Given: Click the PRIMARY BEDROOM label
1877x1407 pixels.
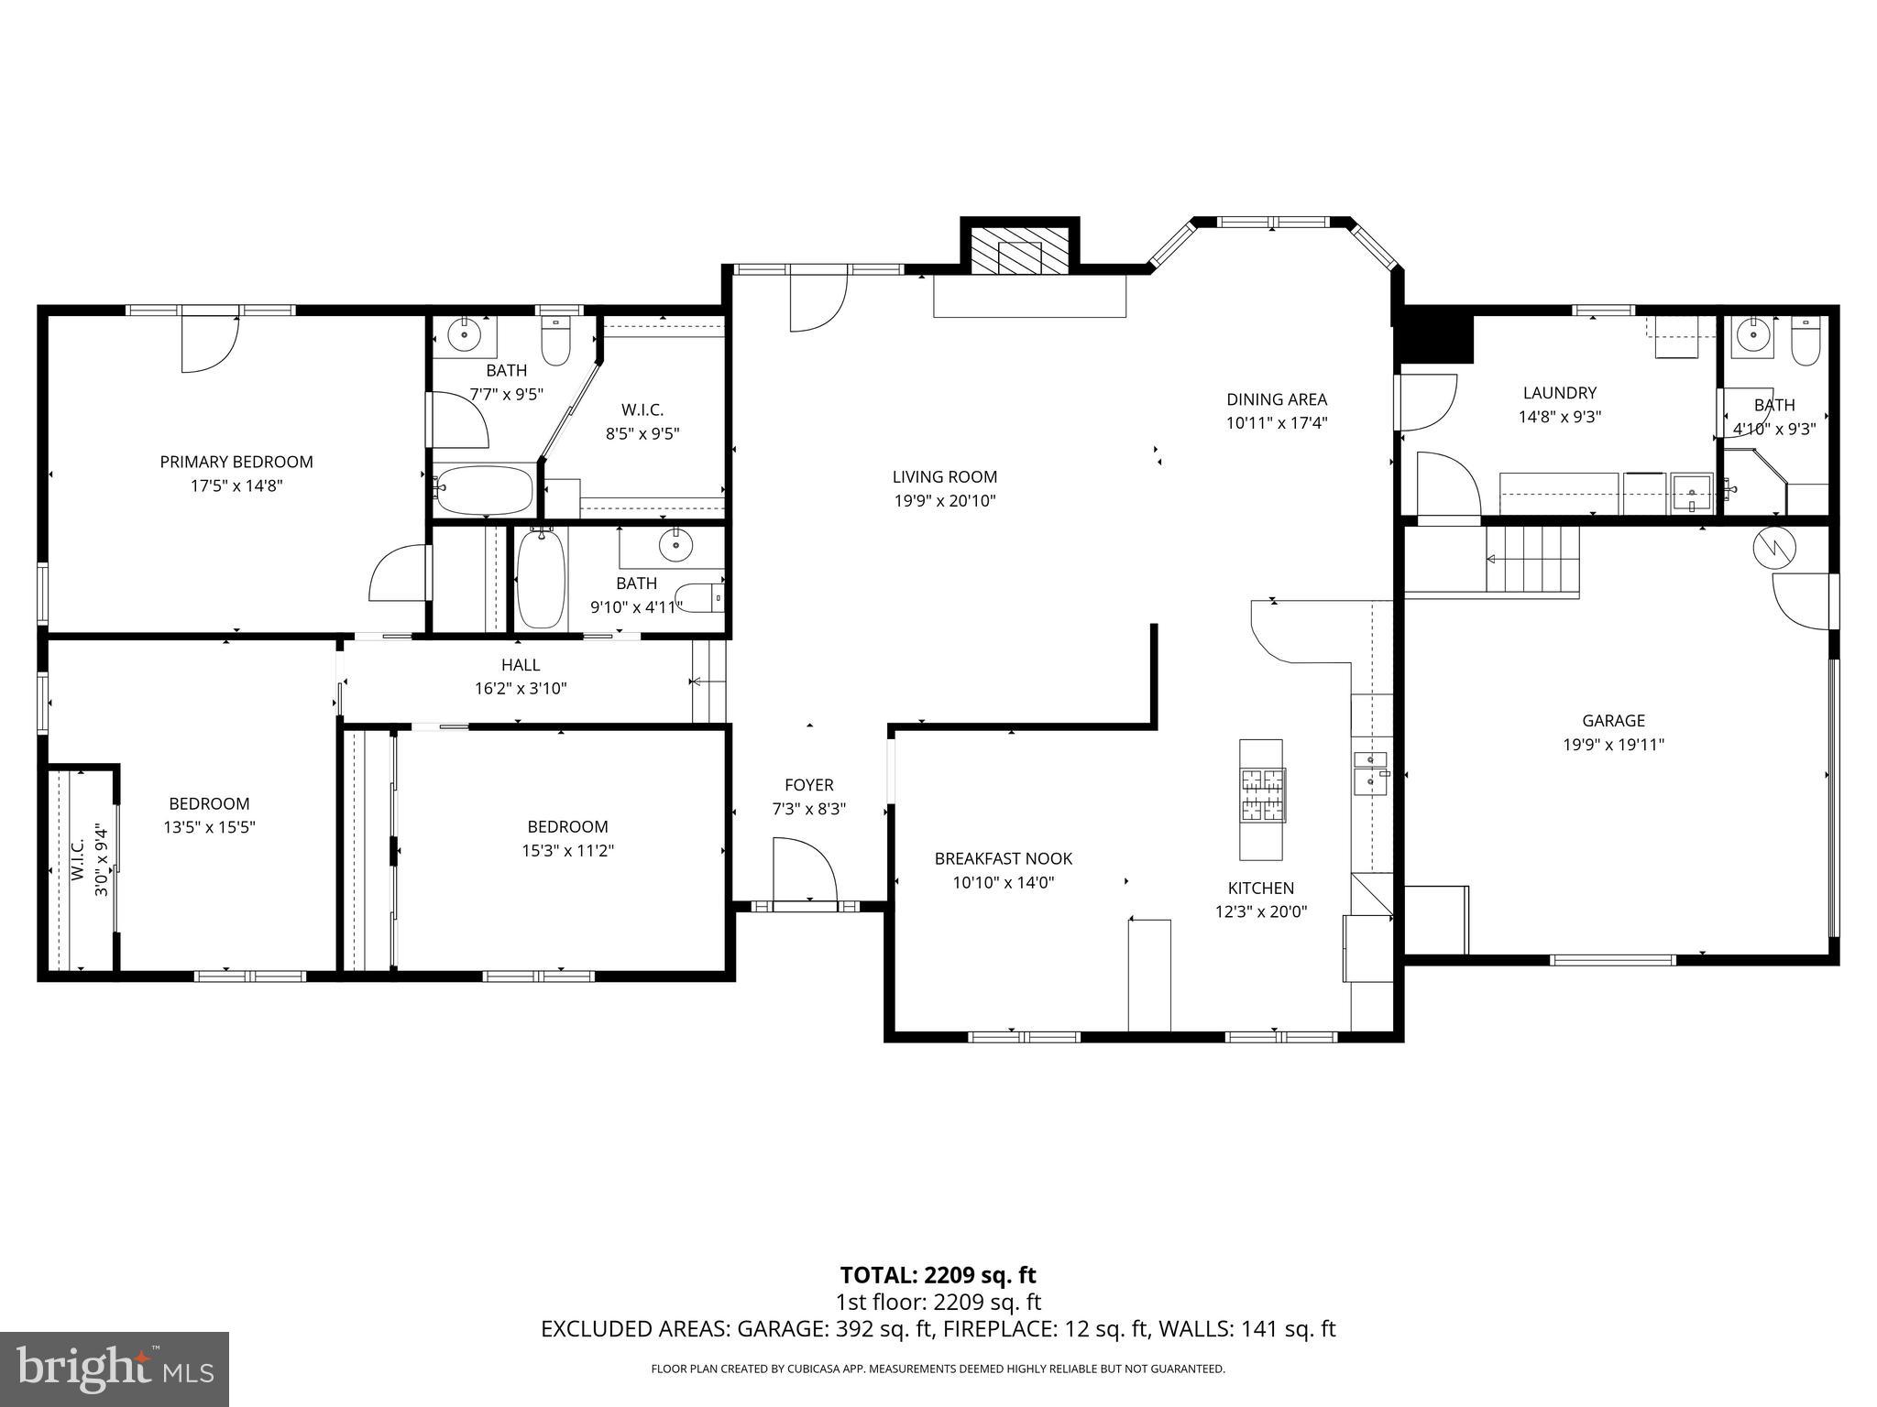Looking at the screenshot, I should click(x=236, y=462).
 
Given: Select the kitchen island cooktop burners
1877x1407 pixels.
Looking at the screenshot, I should click(x=1263, y=794).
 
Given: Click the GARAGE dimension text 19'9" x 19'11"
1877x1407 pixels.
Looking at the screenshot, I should click(x=1613, y=745).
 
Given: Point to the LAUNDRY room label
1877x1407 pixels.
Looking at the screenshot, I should click(x=1559, y=393).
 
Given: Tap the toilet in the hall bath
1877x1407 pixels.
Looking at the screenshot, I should click(x=704, y=597).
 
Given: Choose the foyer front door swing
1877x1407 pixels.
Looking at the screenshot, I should click(x=804, y=870).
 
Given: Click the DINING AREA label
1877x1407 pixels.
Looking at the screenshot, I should click(x=1277, y=399).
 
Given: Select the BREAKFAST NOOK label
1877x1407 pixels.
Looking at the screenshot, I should click(x=1003, y=858).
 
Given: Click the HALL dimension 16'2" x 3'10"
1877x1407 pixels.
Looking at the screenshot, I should click(x=521, y=689).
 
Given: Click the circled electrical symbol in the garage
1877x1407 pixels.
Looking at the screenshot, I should click(x=1774, y=549).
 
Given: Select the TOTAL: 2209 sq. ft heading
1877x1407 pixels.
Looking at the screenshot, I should click(x=938, y=1275).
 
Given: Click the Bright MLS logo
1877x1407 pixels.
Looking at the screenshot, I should click(x=115, y=1369).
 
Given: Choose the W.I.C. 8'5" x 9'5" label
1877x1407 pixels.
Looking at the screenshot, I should click(x=642, y=421).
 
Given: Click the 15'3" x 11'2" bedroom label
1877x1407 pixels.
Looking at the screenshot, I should click(x=567, y=850).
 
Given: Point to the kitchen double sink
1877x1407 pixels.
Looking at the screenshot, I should click(x=1370, y=770).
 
